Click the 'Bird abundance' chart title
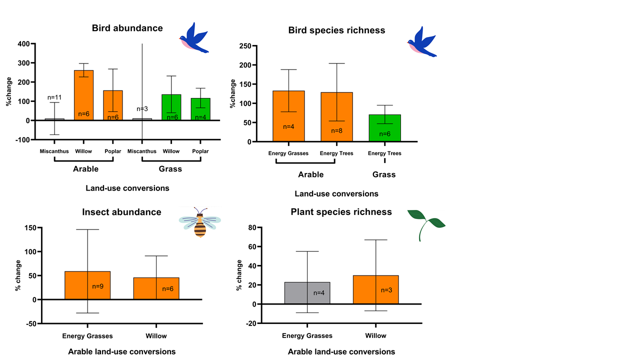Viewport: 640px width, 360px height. point(127,28)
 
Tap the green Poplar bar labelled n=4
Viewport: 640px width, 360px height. point(200,109)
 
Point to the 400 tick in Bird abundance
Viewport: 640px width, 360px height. point(23,44)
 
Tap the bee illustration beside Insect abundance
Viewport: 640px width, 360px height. point(200,222)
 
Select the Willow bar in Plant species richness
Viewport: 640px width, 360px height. point(375,289)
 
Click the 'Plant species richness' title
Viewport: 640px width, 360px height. point(341,212)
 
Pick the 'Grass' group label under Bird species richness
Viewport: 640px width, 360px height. point(384,174)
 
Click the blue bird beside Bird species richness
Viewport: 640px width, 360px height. point(422,42)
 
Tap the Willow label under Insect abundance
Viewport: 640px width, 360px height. point(156,336)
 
